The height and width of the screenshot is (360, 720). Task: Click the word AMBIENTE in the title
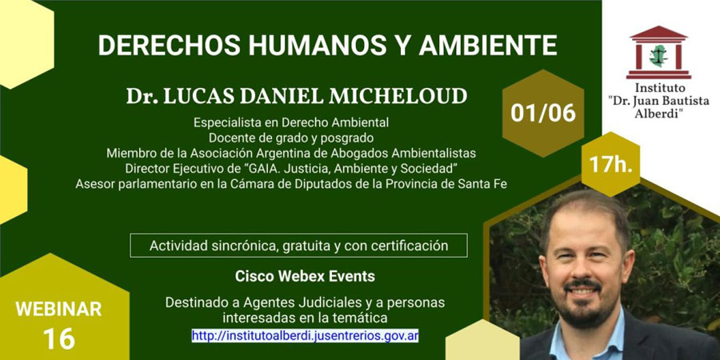pyautogui.click(x=488, y=45)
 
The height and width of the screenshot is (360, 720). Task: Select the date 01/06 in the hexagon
pyautogui.click(x=543, y=113)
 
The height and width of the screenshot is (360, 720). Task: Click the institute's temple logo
pyautogui.click(x=658, y=52)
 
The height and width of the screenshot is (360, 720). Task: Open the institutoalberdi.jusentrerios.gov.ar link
pyautogui.click(x=305, y=335)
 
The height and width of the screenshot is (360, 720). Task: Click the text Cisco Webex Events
pyautogui.click(x=305, y=277)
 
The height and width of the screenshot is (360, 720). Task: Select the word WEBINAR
pyautogui.click(x=58, y=309)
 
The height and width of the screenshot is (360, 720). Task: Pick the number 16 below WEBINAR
pyautogui.click(x=58, y=339)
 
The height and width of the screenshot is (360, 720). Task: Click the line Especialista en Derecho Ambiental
pyautogui.click(x=291, y=122)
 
